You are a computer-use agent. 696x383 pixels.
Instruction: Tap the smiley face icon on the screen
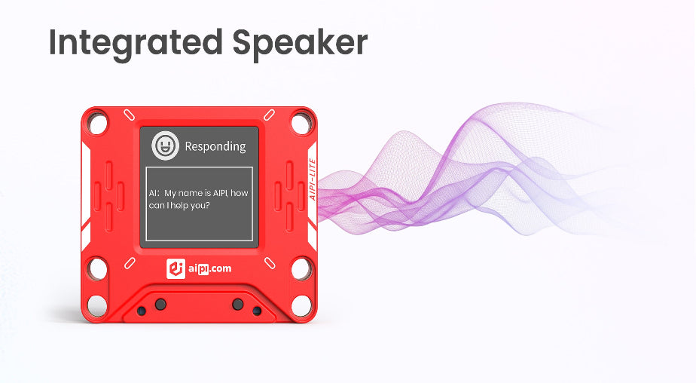pos(165,146)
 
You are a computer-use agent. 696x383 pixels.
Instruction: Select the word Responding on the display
pos(215,146)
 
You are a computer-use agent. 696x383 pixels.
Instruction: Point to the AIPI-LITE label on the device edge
pos(313,179)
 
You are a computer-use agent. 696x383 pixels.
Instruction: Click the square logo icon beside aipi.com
pos(176,269)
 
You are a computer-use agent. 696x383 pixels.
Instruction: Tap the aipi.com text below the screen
pos(209,269)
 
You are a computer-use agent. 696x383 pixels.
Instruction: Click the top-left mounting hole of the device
pos(97,123)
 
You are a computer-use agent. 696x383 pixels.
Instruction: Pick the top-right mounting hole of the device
pos(302,123)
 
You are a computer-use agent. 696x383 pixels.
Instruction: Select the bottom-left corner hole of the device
pos(97,305)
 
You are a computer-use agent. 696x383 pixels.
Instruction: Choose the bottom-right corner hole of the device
pos(302,305)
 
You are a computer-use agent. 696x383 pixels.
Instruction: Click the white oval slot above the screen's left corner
pos(129,115)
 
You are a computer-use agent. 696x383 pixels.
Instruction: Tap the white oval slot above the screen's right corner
pos(270,115)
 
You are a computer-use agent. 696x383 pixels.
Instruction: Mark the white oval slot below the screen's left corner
pos(130,263)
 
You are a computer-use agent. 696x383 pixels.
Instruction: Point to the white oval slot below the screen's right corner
pos(270,263)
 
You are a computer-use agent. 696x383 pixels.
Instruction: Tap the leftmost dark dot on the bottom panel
pos(141,311)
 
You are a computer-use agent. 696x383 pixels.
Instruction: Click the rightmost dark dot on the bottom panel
pos(257,311)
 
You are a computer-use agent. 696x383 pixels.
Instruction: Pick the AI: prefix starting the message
pos(154,193)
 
